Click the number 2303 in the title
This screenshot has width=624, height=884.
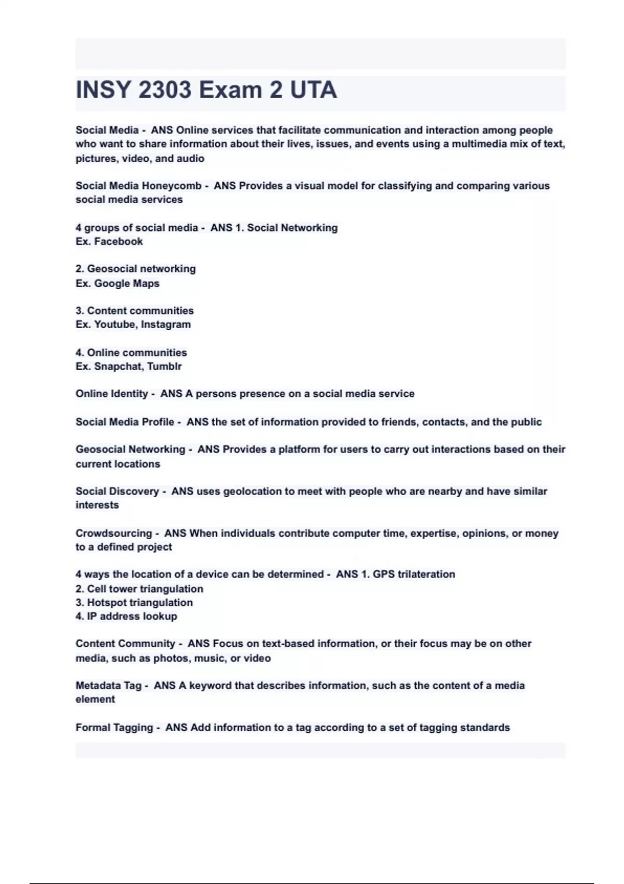click(165, 90)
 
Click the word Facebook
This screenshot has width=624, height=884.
click(119, 241)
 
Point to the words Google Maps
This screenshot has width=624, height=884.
click(127, 283)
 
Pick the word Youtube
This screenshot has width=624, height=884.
click(115, 324)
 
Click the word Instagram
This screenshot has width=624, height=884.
click(166, 324)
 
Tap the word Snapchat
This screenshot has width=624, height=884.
click(118, 366)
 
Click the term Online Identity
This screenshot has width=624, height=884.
click(112, 394)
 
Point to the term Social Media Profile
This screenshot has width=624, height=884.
click(125, 422)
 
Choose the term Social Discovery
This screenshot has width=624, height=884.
click(117, 491)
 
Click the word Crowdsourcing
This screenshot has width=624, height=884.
click(113, 533)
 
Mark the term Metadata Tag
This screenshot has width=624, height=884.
click(108, 685)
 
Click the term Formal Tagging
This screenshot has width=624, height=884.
click(114, 727)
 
